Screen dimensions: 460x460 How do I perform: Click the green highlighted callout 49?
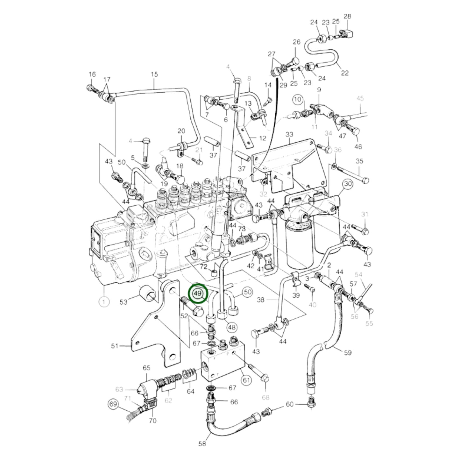pyautogui.click(x=198, y=293)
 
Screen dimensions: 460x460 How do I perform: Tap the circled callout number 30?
pyautogui.click(x=348, y=184)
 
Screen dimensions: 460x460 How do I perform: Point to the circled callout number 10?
pyautogui.click(x=297, y=99)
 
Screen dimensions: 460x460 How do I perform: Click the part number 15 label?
pyautogui.click(x=154, y=74)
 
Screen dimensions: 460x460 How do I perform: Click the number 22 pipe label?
pyautogui.click(x=344, y=73)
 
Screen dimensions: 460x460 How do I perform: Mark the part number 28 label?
pyautogui.click(x=347, y=16)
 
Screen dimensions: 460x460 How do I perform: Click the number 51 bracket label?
pyautogui.click(x=115, y=346)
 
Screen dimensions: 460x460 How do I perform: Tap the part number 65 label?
pyautogui.click(x=146, y=368)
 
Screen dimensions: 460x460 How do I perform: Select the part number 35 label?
pyautogui.click(x=359, y=161)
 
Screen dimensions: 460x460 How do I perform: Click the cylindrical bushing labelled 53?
pyautogui.click(x=147, y=293)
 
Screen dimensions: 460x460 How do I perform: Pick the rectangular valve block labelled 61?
pyautogui.click(x=223, y=363)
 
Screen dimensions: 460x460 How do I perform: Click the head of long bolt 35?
pyautogui.click(x=365, y=180)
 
